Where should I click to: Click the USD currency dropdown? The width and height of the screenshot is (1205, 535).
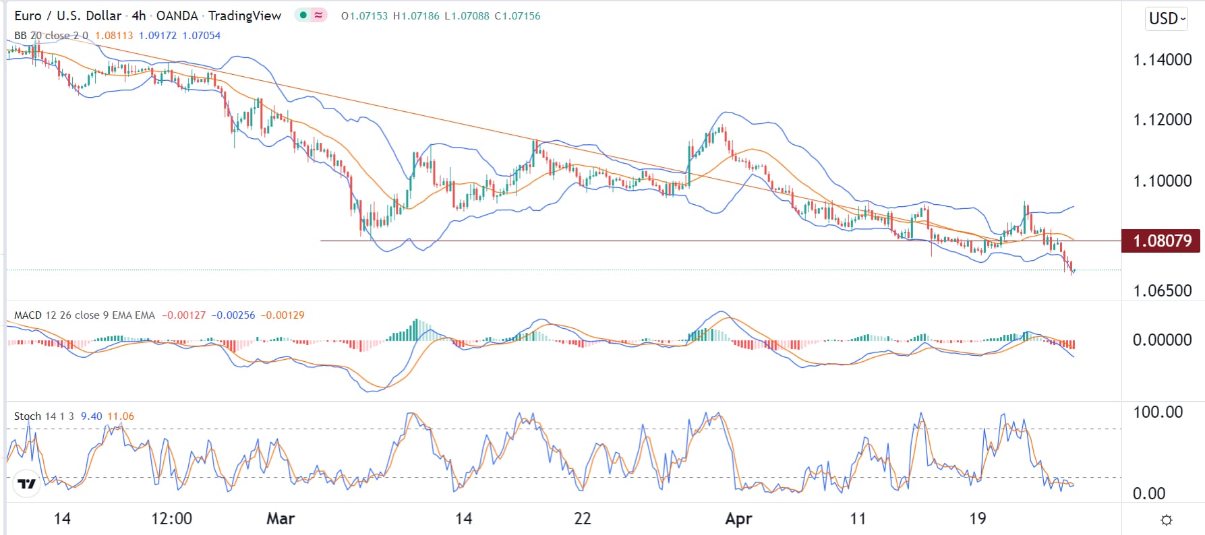click(x=1167, y=18)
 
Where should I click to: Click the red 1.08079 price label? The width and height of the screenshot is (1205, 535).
click(x=1161, y=241)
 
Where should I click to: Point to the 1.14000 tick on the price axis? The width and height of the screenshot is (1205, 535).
click(x=1162, y=60)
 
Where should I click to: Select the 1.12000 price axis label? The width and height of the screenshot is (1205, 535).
click(x=1162, y=120)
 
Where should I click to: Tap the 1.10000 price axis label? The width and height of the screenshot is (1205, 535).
click(x=1162, y=181)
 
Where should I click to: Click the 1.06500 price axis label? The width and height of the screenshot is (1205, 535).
click(x=1162, y=291)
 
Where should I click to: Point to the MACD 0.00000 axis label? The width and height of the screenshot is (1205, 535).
click(x=1162, y=340)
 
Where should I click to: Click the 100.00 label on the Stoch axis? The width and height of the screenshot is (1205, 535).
click(x=1157, y=412)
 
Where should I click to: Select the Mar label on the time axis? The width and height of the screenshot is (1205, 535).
click(x=281, y=519)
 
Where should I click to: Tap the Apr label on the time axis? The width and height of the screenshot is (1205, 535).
click(x=738, y=519)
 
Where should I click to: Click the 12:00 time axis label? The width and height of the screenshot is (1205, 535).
click(x=171, y=519)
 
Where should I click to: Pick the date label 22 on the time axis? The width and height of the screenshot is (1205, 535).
click(x=582, y=519)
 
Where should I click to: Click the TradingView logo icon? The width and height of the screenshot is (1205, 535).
click(x=26, y=484)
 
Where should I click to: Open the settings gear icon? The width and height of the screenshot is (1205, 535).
click(x=1167, y=520)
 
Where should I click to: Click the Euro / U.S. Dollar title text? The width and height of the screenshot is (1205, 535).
click(x=68, y=15)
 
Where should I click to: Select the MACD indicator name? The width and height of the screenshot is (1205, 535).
click(x=28, y=315)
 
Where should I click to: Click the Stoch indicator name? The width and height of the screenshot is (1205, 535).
click(x=28, y=416)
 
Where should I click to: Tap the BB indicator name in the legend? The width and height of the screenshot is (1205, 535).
click(x=21, y=36)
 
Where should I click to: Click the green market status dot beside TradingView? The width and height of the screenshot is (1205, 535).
click(x=303, y=15)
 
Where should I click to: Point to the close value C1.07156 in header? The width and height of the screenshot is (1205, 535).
click(x=517, y=15)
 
